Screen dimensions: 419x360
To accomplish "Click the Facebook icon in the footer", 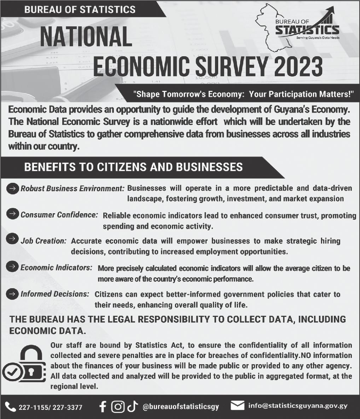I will (103, 407).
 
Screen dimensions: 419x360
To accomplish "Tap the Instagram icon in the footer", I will (118, 407).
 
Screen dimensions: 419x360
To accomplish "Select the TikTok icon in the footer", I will (131, 407).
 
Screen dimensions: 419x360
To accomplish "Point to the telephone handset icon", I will (11, 407).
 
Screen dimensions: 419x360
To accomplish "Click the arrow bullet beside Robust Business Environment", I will (12, 188).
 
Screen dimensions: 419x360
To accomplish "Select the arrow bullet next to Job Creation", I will (12, 239).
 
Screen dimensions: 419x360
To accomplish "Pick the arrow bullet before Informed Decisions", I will (12, 293).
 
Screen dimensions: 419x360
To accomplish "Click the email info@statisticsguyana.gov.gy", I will (298, 406).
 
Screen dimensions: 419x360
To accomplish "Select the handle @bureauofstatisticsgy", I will (181, 407).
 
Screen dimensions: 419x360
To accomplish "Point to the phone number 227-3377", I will (68, 407).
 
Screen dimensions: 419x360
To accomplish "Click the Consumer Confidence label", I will (59, 215).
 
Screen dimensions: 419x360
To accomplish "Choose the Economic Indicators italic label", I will (57, 268).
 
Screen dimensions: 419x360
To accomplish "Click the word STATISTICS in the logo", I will (307, 29).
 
